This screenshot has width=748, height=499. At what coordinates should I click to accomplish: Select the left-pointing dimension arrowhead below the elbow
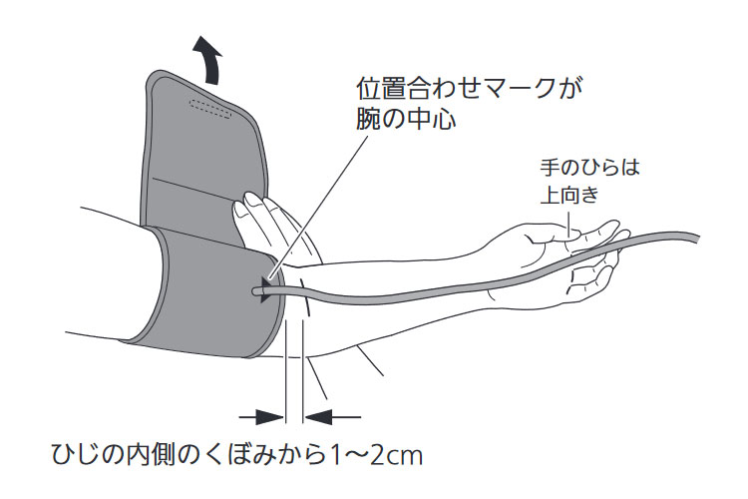(x=320, y=415)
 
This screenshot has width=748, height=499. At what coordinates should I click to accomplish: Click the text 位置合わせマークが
(x=470, y=87)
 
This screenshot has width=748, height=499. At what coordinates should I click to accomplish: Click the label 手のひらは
(x=582, y=168)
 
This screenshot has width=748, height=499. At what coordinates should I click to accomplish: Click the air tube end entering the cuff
(x=261, y=291)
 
